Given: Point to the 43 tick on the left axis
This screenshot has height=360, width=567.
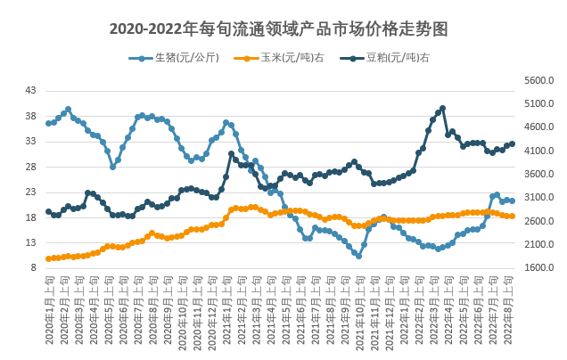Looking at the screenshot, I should (31, 91).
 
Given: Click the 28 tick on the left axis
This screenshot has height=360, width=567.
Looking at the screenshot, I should (31, 167).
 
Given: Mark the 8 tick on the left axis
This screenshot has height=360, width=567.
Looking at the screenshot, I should (34, 267).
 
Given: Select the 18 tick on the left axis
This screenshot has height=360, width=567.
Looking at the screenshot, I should (31, 217).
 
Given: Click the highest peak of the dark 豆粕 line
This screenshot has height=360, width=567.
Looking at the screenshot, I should (442, 109).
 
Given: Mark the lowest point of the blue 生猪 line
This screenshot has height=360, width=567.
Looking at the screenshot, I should (358, 255).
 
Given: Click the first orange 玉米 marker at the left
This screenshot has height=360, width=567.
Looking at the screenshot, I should (48, 258).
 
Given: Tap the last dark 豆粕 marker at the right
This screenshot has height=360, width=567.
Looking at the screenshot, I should (512, 143).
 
